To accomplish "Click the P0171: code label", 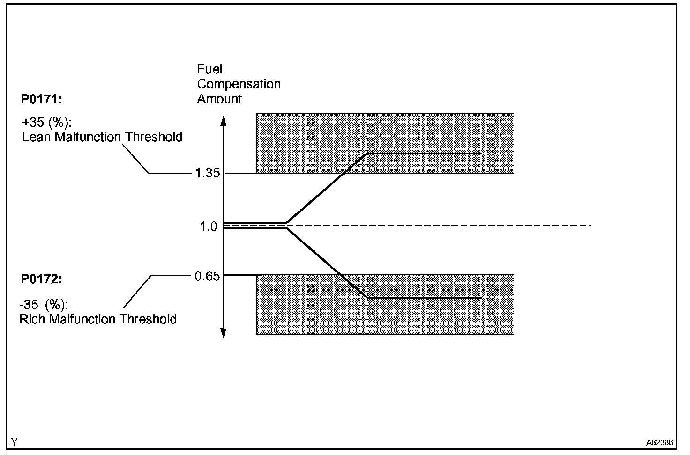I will pyautogui.click(x=41, y=99).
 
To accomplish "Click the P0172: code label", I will pyautogui.click(x=41, y=279).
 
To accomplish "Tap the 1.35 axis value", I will pyautogui.click(x=207, y=173).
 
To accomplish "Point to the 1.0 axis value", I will pyautogui.click(x=209, y=227).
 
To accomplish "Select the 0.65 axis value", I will pyautogui.click(x=207, y=276).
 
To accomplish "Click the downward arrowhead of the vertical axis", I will pyautogui.click(x=224, y=333).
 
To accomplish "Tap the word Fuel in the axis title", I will pyautogui.click(x=210, y=69).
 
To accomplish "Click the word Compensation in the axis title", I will pyautogui.click(x=239, y=84).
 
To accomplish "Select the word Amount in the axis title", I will pyautogui.click(x=219, y=99).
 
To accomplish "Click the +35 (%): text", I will pyautogui.click(x=46, y=123).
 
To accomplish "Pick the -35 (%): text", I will pyautogui.click(x=44, y=305).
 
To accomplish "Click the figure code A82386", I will pyautogui.click(x=660, y=442).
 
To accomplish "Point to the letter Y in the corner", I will pyautogui.click(x=15, y=442).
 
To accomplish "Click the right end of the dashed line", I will pyautogui.click(x=591, y=226).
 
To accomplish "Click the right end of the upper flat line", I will pyautogui.click(x=482, y=154).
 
